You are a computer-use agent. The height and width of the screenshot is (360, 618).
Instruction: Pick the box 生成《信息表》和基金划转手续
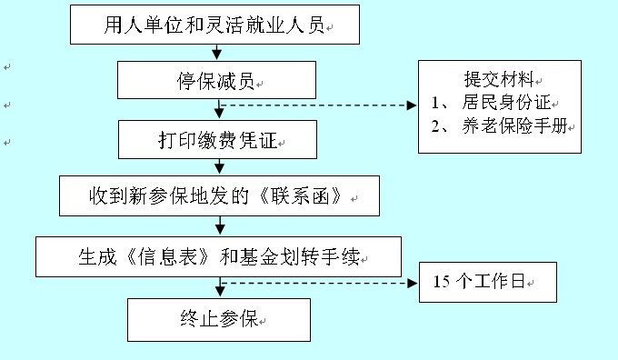(x=217, y=257)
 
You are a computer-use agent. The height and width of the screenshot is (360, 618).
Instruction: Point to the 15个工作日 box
(x=487, y=284)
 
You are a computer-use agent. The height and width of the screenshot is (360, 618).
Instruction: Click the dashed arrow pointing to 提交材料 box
(x=318, y=105)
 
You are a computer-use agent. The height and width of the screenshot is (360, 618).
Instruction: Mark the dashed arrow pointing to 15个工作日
(x=318, y=284)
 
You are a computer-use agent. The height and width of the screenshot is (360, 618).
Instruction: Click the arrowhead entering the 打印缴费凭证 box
(x=218, y=115)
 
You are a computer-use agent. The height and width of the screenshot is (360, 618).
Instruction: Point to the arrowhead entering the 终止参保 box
(x=218, y=292)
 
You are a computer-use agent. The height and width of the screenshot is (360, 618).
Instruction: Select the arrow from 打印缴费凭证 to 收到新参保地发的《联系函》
(x=218, y=168)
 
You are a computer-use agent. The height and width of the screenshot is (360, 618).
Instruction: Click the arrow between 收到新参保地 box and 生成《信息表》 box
(x=218, y=227)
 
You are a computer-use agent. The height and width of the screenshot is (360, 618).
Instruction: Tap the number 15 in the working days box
(x=444, y=284)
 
